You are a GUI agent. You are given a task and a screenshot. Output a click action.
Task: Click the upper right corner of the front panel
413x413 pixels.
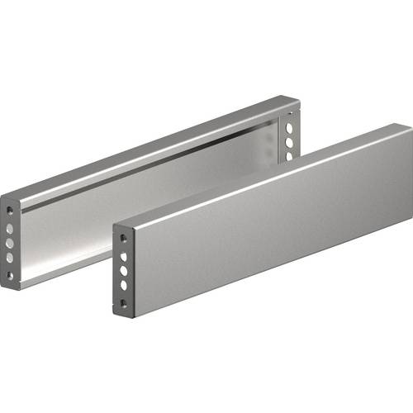point(406,129)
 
